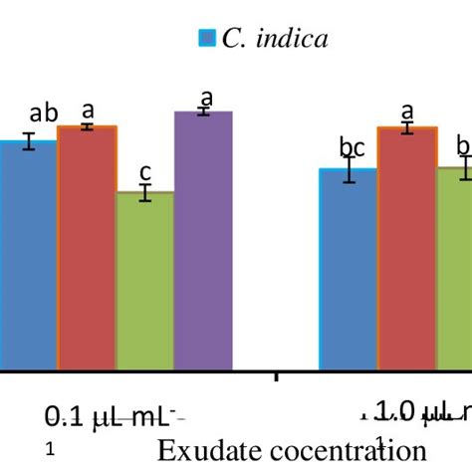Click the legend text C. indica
tap(275, 39)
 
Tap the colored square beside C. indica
tap(207, 39)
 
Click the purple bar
tap(203, 240)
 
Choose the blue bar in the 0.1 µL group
tap(28, 255)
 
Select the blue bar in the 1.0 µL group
tap(348, 269)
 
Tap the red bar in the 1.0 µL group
tap(406, 248)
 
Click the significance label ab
tap(45, 114)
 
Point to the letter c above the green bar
tap(145, 170)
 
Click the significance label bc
tap(352, 148)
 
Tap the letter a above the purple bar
tap(207, 97)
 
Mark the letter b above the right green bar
tap(462, 146)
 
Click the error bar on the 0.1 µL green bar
tap(145, 192)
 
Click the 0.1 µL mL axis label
tap(116, 415)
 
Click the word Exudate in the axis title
tap(198, 449)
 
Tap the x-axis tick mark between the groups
tap(276, 375)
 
